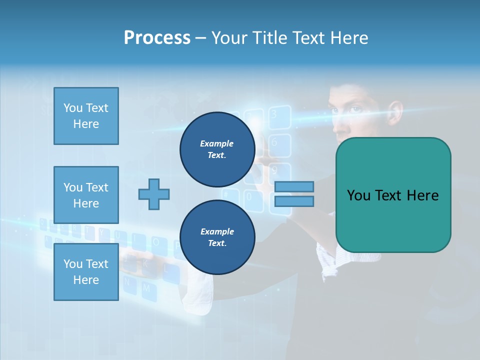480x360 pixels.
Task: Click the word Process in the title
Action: (x=157, y=38)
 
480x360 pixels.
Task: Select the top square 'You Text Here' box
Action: (x=86, y=116)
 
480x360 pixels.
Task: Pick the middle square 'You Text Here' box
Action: (x=86, y=195)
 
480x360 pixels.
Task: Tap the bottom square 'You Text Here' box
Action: (x=86, y=271)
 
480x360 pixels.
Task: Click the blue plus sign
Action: (x=154, y=194)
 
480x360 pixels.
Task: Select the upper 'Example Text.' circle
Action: (x=217, y=149)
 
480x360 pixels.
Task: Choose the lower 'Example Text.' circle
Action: (x=217, y=237)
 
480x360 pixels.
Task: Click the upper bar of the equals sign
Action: (x=294, y=186)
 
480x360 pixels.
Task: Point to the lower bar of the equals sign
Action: (x=294, y=201)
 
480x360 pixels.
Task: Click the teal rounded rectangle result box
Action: (x=393, y=195)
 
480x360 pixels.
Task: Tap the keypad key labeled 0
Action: (x=248, y=197)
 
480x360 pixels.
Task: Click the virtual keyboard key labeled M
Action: (x=146, y=288)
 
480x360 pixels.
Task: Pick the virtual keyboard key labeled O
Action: (x=156, y=242)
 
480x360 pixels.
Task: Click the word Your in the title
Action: (x=230, y=38)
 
